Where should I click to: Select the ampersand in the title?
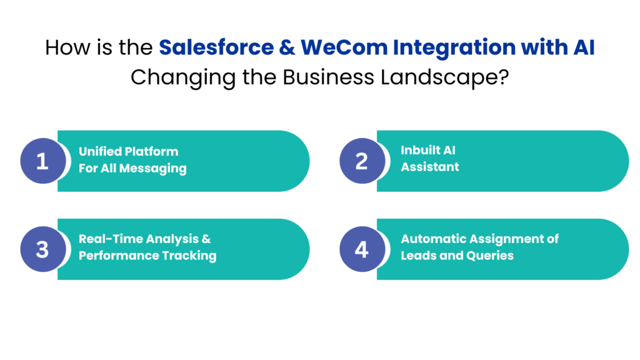point(287,48)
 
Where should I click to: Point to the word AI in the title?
point(582,48)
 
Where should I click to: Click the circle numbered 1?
point(42,161)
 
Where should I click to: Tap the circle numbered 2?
point(362,161)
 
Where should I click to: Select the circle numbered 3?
point(42,249)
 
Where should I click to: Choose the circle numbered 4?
point(362,249)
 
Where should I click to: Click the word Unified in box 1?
point(100,152)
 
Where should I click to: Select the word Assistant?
point(430,167)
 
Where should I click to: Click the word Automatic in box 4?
point(434,239)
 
